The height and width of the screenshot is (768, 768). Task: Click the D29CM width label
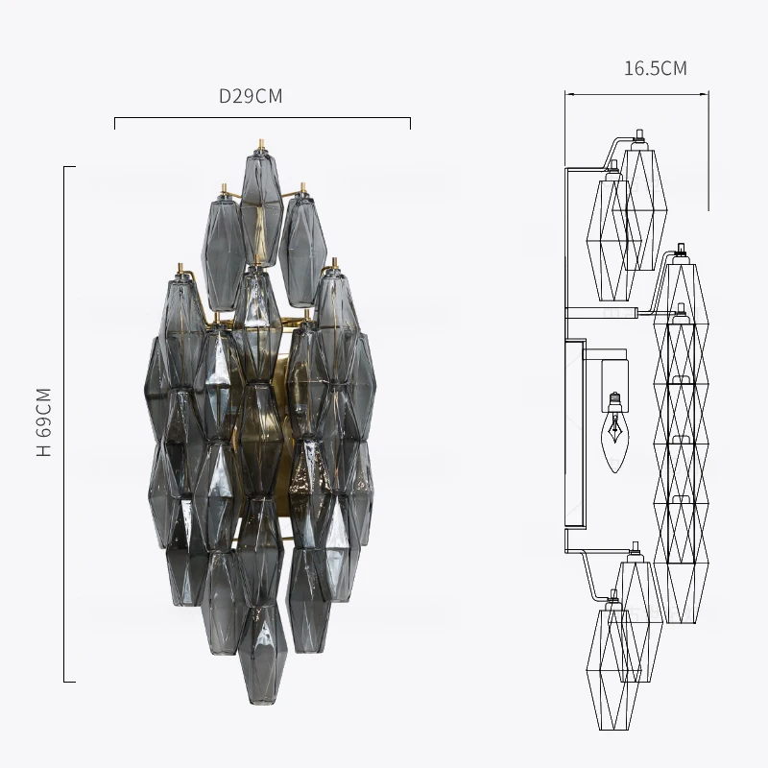[x=251, y=96]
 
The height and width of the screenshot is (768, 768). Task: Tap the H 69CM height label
[x=44, y=421]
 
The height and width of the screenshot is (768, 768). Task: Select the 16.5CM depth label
[x=656, y=68]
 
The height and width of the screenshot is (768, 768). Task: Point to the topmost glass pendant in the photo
[x=261, y=209]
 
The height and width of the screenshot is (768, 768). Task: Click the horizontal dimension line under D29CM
[x=262, y=118]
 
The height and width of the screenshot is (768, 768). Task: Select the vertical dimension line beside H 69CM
[x=64, y=424]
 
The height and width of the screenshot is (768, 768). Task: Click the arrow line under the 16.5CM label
[x=636, y=94]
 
